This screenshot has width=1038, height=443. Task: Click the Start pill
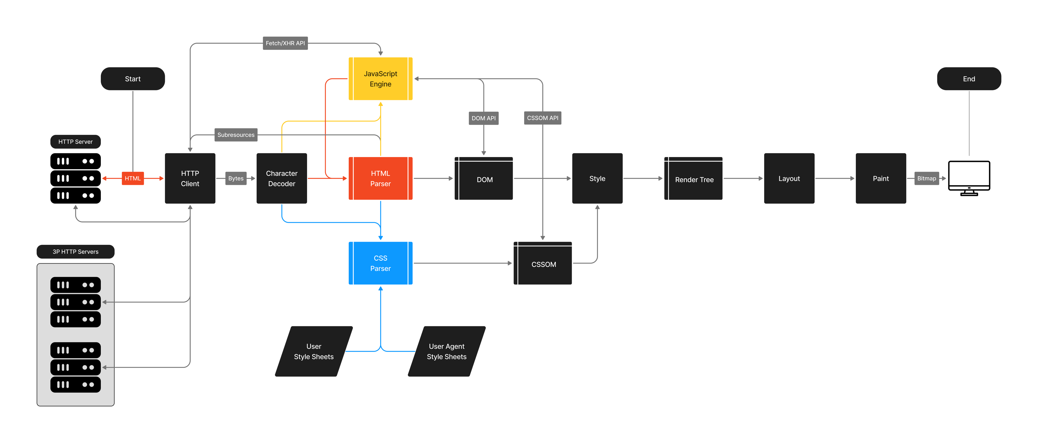point(132,79)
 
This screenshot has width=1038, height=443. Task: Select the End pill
point(969,79)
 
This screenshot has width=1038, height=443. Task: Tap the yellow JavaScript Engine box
point(380,79)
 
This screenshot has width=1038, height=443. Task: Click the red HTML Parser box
point(380,178)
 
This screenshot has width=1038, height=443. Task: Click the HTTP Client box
point(190,178)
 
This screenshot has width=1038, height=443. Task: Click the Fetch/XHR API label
point(285,43)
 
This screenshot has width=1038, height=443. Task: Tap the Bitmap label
point(926,178)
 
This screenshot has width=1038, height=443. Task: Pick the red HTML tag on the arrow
point(132,178)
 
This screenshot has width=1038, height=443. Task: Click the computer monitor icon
point(969,177)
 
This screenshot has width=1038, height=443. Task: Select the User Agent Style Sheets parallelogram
point(447,351)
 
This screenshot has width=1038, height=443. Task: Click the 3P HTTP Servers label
point(75,252)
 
